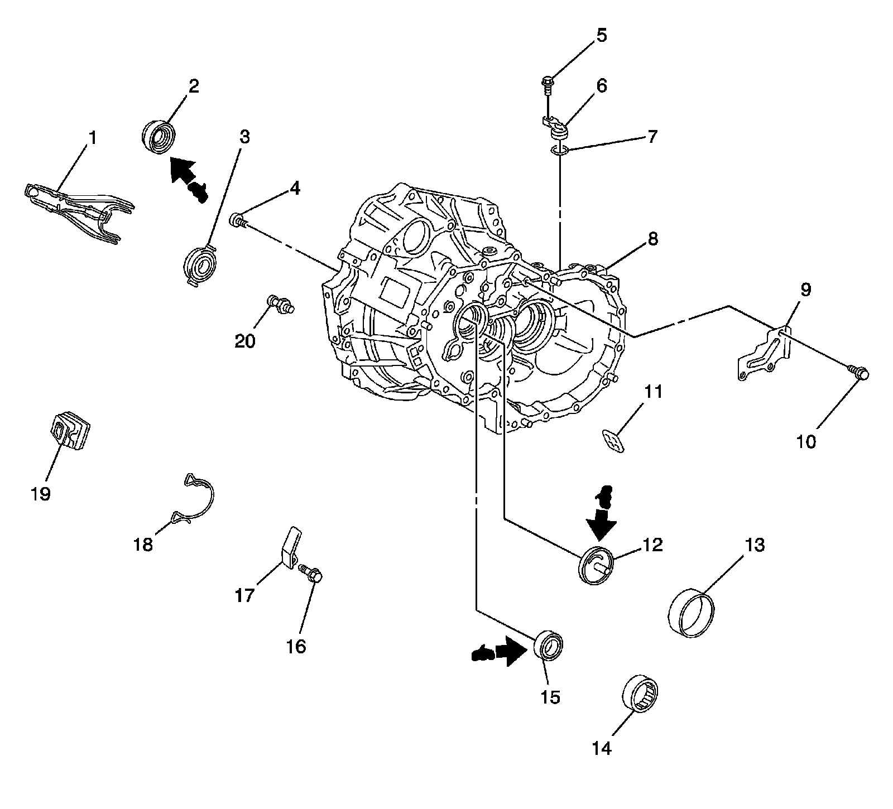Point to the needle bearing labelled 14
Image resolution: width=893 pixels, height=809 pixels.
pos(641,692)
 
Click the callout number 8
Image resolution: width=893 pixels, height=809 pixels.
pos(652,239)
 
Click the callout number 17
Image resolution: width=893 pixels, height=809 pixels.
pos(244,595)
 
